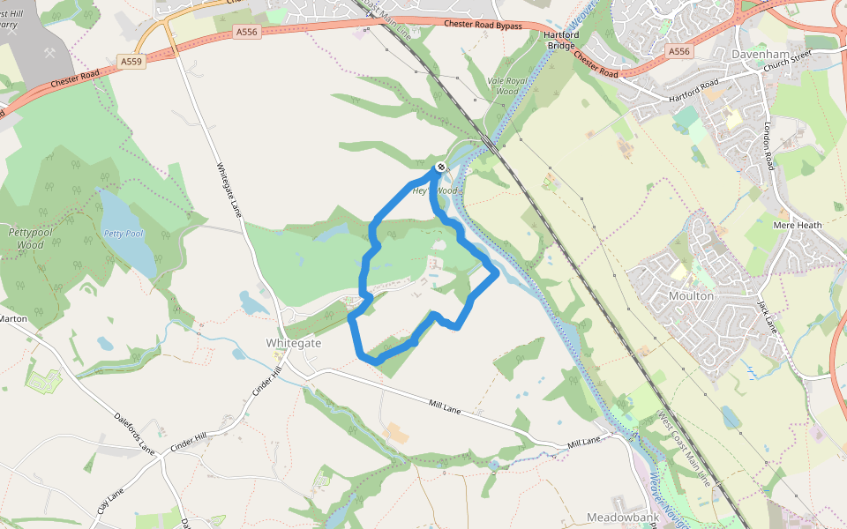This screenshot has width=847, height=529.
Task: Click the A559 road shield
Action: (x=131, y=62)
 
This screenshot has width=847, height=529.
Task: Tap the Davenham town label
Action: (x=760, y=53)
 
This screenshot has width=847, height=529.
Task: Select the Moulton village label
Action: (x=691, y=296)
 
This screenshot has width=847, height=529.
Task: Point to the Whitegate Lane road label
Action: (x=229, y=190)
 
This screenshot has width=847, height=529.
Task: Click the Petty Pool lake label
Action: (x=123, y=234)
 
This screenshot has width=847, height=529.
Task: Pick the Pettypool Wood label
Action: (x=26, y=238)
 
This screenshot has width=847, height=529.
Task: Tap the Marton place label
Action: (x=12, y=318)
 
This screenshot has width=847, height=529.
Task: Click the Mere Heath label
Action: (x=797, y=225)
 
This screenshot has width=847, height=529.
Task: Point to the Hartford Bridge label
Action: (x=561, y=40)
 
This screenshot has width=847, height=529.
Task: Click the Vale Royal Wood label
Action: (x=503, y=86)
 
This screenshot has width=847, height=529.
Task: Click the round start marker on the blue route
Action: (x=440, y=167)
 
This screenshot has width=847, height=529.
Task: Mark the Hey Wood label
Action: (x=436, y=190)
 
